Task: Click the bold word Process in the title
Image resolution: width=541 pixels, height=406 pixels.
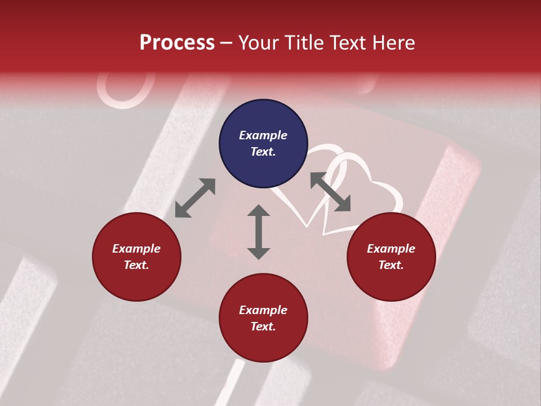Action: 177,43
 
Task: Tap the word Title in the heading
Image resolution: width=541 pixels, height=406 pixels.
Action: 300,43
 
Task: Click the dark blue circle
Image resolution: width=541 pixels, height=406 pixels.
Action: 263,143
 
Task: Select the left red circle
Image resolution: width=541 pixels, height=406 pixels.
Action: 136,257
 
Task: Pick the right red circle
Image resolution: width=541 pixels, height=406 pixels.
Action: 391,257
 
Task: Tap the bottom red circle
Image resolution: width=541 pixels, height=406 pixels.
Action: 263,318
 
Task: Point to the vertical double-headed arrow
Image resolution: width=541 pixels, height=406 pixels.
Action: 259,232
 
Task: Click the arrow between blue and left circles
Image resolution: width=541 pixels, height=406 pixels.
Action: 195,198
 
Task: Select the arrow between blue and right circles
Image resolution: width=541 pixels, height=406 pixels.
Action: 330,192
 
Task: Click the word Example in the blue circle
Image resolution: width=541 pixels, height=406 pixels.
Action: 263,135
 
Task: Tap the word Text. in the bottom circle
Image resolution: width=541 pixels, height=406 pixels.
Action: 263,326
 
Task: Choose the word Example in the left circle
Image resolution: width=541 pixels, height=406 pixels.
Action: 136,249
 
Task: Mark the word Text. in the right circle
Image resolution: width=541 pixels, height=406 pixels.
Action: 391,265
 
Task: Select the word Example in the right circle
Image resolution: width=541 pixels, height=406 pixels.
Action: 391,249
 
